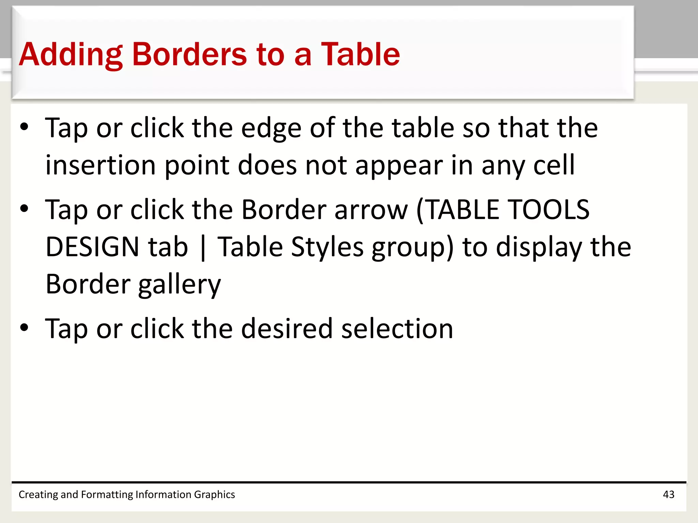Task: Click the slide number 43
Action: (668, 494)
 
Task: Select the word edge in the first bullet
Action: (271, 128)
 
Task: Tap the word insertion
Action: (101, 165)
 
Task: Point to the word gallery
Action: (180, 285)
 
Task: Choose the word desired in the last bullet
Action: (287, 329)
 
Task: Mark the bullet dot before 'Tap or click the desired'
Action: (24, 328)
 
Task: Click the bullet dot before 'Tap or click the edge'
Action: (24, 127)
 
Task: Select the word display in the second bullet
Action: (539, 247)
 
